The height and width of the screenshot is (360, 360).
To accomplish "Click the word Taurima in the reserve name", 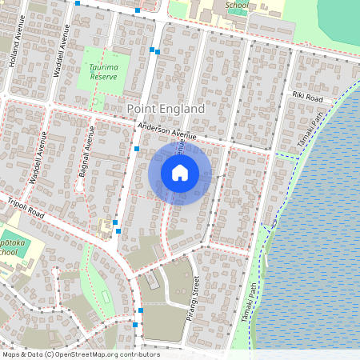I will [x=104, y=69].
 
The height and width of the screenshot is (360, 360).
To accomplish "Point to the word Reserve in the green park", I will [x=104, y=77].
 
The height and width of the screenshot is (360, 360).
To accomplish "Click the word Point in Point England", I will [x=143, y=108].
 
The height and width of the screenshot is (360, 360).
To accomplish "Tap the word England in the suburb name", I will [x=182, y=108].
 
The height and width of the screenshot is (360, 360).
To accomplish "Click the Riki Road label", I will [x=308, y=97].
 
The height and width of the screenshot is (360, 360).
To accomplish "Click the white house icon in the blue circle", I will [x=180, y=172].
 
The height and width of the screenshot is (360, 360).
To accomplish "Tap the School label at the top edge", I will [x=237, y=5].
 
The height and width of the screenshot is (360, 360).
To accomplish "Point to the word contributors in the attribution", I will [x=139, y=354].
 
